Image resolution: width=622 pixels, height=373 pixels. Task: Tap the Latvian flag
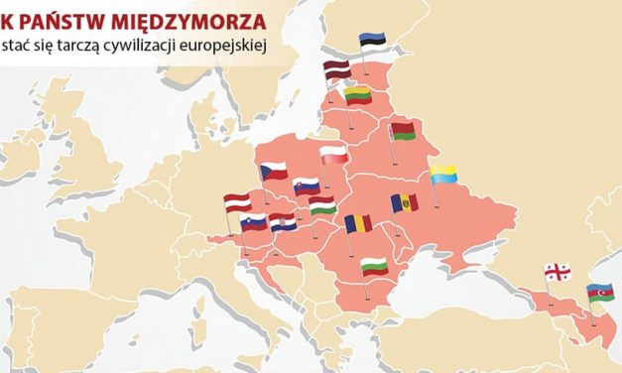pyautogui.click(x=337, y=69)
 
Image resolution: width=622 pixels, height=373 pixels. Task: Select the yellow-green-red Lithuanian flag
pyautogui.click(x=357, y=95)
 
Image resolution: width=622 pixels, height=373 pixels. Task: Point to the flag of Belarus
pyautogui.click(x=403, y=130)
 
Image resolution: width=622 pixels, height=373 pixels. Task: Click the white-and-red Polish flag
pyautogui.click(x=334, y=154)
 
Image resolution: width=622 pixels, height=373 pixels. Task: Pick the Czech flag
pyautogui.click(x=273, y=170)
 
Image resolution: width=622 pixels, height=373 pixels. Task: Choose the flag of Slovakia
pyautogui.click(x=306, y=186)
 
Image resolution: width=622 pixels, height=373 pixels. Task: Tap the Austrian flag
pyautogui.click(x=238, y=202)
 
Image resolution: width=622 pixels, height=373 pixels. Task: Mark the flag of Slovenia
pyautogui.click(x=254, y=223)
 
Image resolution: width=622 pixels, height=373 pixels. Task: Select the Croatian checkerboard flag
pyautogui.click(x=283, y=223)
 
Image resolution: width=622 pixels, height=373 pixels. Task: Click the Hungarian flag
pyautogui.click(x=322, y=205)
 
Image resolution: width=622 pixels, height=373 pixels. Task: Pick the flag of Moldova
pyautogui.click(x=405, y=203)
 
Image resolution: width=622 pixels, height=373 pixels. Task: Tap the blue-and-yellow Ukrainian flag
pyautogui.click(x=443, y=175)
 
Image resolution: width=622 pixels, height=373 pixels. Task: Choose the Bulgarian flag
pyautogui.click(x=373, y=266)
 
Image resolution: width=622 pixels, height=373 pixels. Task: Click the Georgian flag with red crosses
pyautogui.click(x=557, y=272)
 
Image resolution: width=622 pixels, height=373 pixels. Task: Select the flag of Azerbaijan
pyautogui.click(x=600, y=293)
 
